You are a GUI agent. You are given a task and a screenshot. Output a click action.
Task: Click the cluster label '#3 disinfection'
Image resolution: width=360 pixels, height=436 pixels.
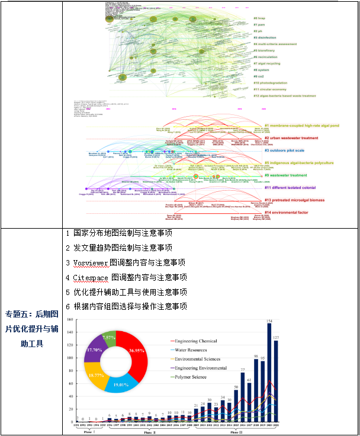269,37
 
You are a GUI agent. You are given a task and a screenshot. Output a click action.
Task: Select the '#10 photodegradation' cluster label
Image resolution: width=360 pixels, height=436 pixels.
274,83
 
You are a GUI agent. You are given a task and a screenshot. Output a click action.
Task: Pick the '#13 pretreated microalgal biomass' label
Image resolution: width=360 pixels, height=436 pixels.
294,200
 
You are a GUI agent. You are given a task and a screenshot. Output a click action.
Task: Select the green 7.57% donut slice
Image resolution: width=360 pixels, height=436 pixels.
108,338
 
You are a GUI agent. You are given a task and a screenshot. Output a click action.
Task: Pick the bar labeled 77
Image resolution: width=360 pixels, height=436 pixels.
243,397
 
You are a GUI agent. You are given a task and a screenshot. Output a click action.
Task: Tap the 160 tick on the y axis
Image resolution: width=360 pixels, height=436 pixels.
70,320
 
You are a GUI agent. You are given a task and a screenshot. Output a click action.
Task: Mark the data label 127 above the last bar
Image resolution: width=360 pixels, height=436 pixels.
275,338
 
